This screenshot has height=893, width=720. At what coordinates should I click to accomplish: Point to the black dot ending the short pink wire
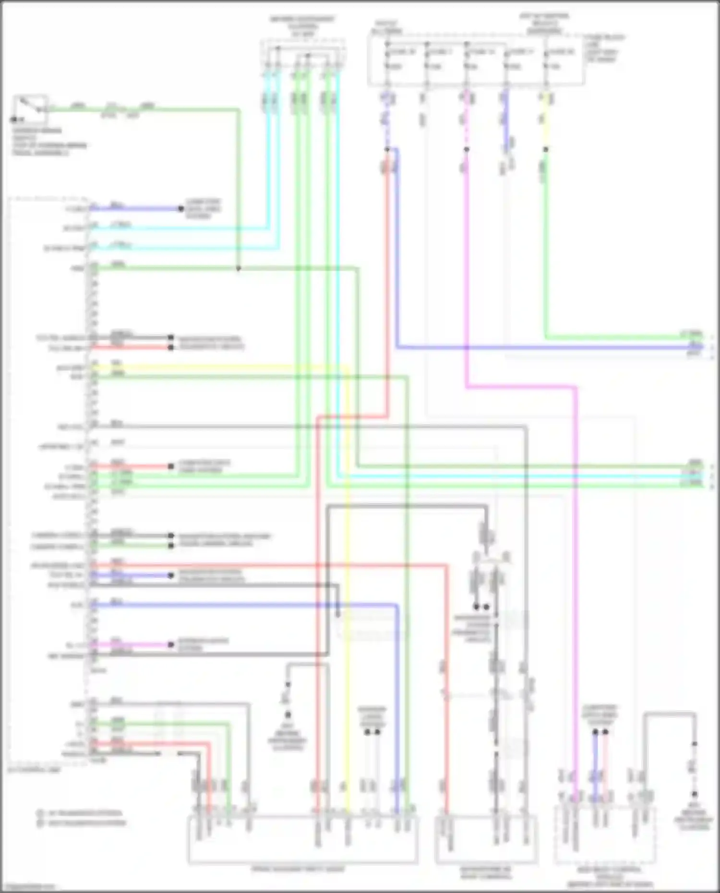pos(171,645)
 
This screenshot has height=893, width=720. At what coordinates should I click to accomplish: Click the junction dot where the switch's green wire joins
pos(238,269)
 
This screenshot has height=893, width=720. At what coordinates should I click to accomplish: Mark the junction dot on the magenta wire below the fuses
pos(466,150)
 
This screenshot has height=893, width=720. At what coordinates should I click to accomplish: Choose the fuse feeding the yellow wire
pos(546,60)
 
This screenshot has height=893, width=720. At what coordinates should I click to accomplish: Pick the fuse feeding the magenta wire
pos(466,60)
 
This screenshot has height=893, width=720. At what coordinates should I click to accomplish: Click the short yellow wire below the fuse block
pos(546,120)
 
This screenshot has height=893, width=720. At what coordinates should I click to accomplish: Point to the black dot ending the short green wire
pos(171,546)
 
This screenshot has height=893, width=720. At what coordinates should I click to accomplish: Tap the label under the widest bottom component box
pos(298,869)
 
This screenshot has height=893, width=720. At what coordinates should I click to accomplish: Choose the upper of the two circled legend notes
pos(80,813)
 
